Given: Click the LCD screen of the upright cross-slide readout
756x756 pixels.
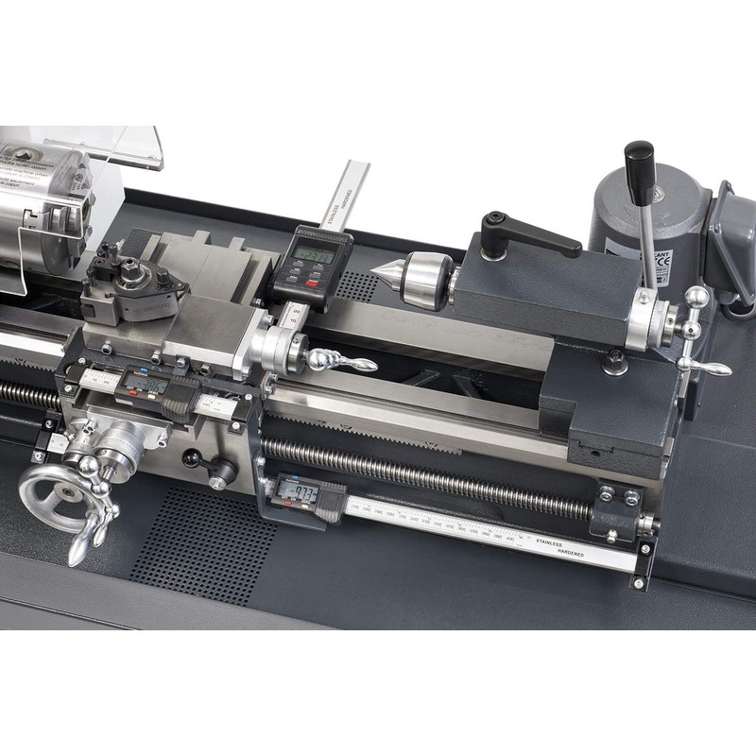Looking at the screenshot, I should pyautogui.click(x=313, y=254).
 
